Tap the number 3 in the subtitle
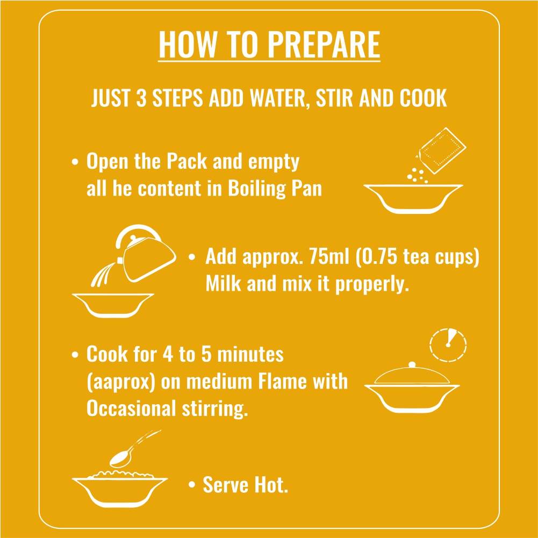(x=141, y=98)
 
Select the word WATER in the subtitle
(x=277, y=98)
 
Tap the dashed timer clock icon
(x=448, y=345)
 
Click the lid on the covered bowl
(x=412, y=374)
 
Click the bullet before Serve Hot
(x=192, y=484)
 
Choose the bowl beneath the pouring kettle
(x=113, y=305)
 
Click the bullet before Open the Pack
(x=75, y=162)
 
